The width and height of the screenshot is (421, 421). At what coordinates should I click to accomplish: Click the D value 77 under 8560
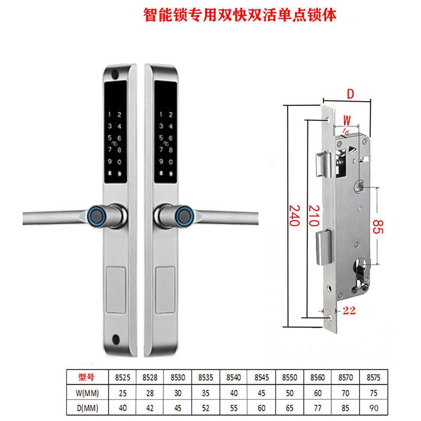coord(317,408)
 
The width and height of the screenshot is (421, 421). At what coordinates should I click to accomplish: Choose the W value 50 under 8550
coord(289,392)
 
